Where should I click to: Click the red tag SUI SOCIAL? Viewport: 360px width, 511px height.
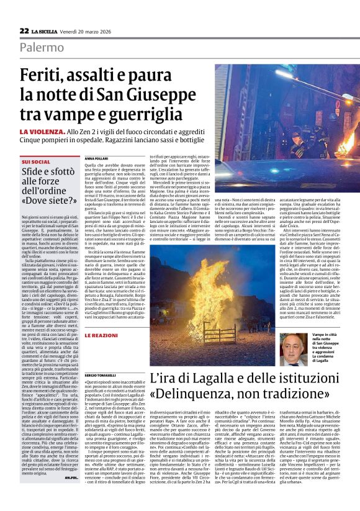35,161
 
